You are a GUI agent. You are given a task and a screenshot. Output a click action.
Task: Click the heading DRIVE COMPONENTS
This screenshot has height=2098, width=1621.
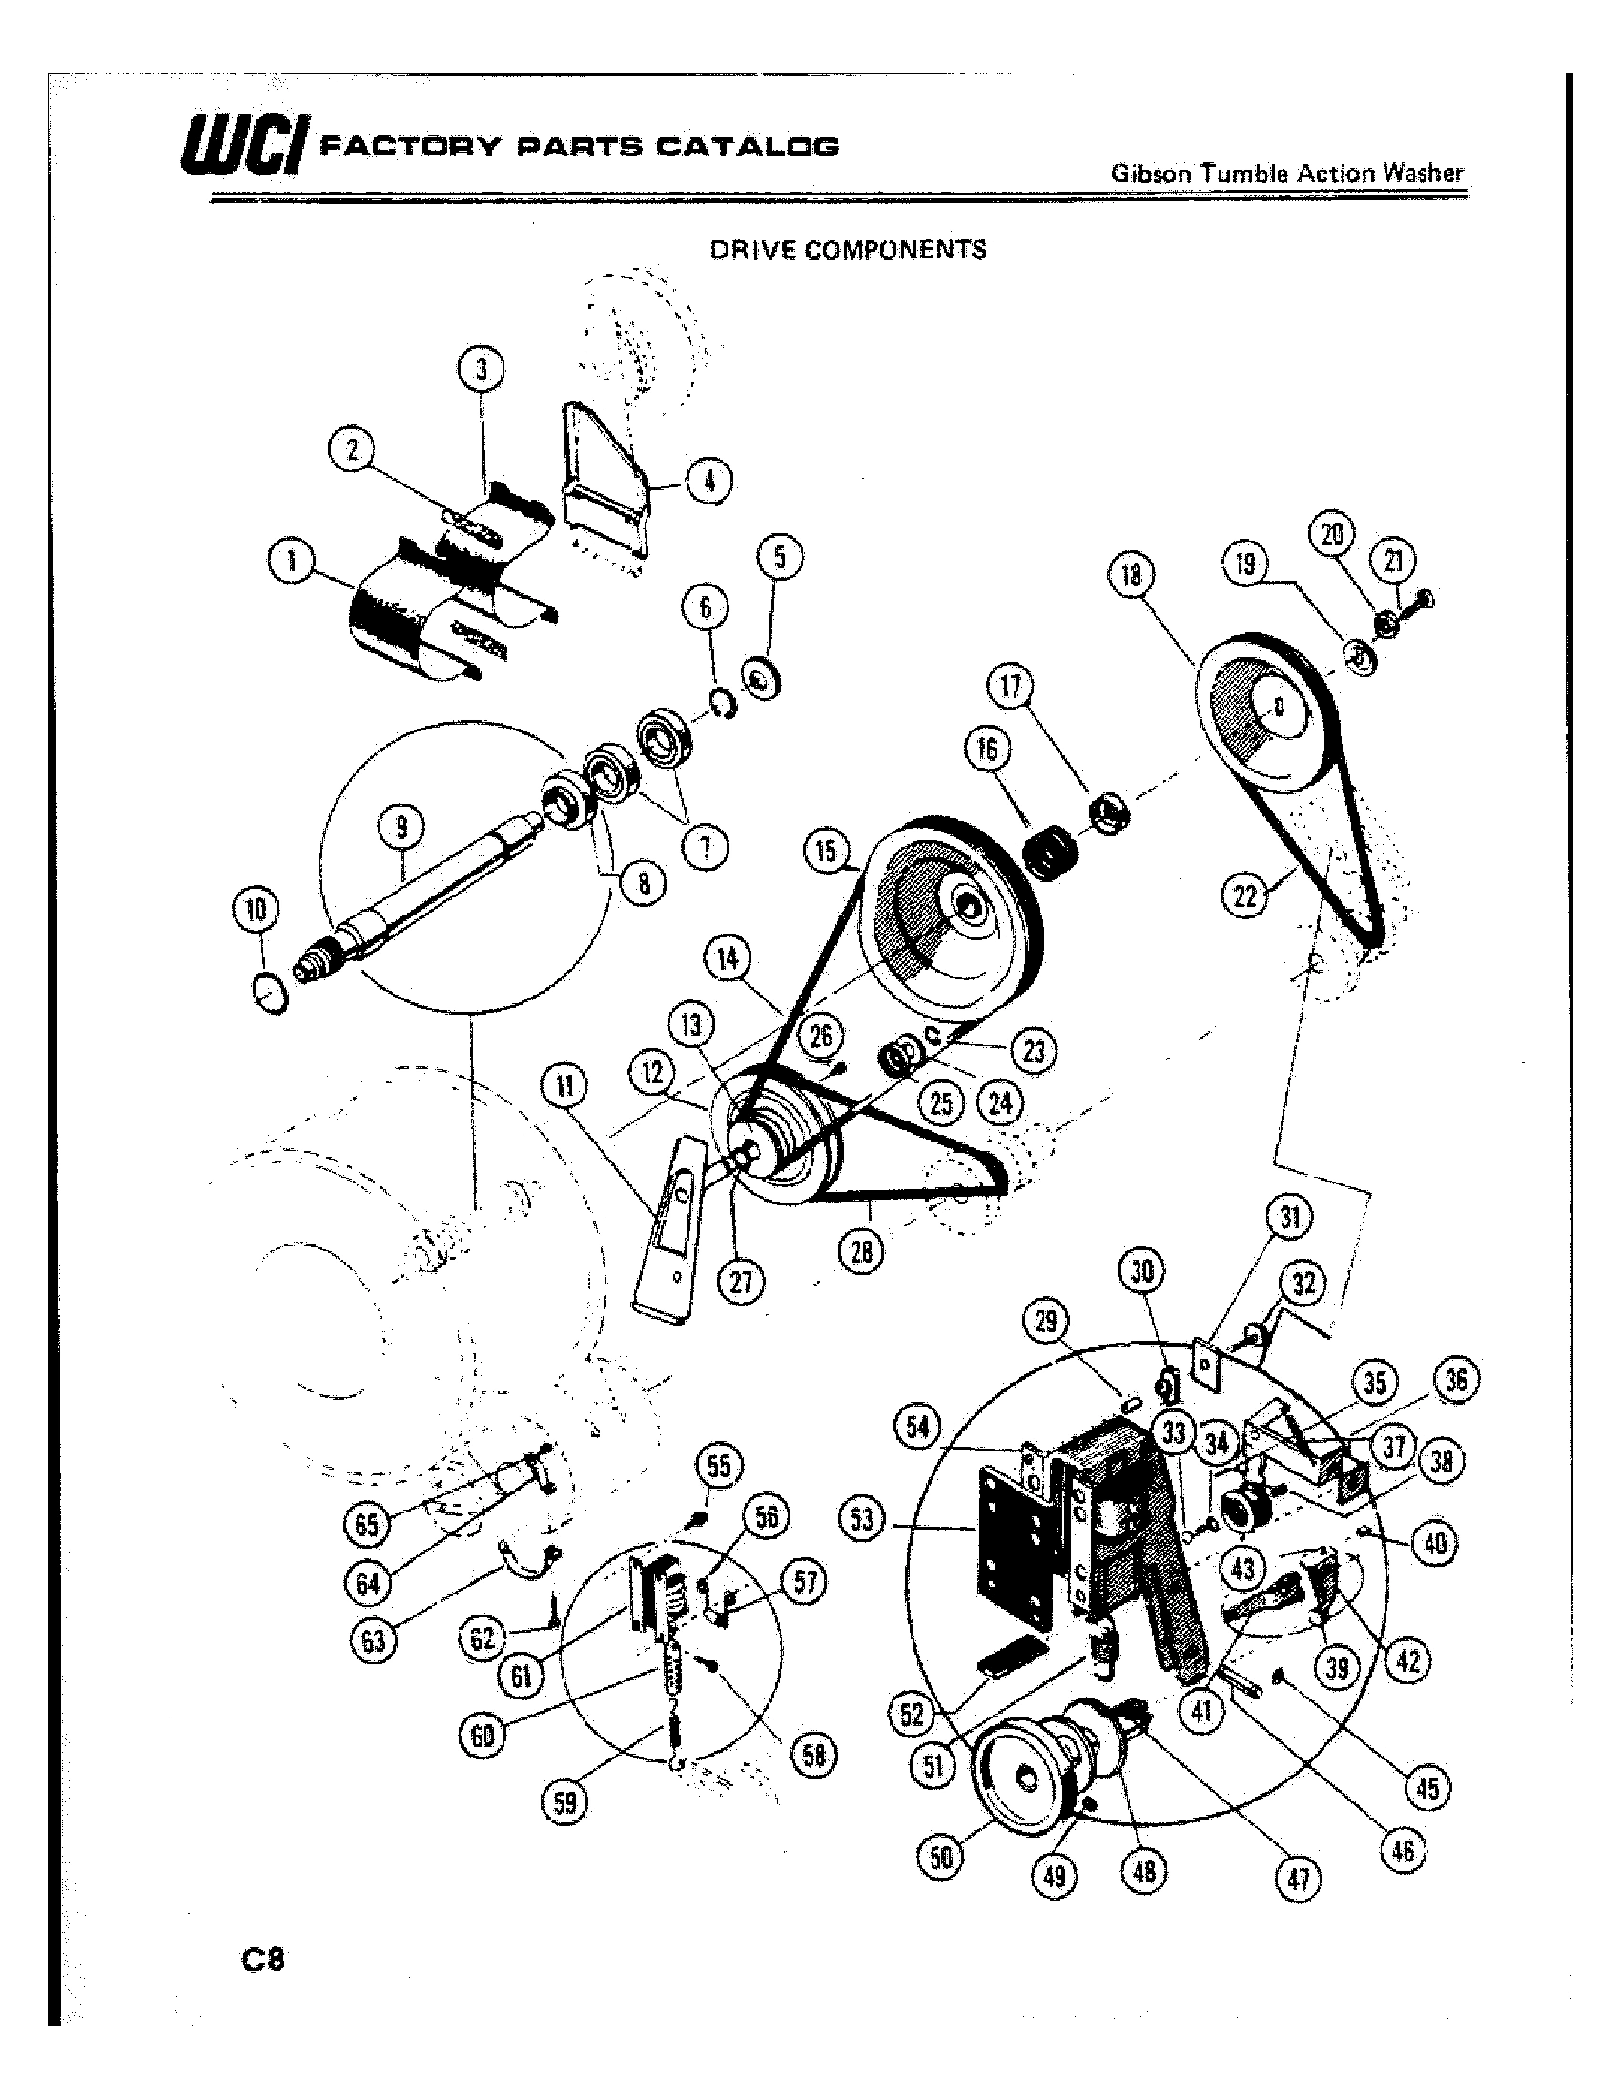click(847, 250)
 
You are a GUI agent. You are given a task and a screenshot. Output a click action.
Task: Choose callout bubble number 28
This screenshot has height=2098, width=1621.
click(861, 1253)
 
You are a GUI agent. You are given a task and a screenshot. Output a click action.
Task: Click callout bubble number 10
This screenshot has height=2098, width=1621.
click(256, 909)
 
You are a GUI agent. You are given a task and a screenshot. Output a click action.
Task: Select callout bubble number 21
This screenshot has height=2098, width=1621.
click(1393, 563)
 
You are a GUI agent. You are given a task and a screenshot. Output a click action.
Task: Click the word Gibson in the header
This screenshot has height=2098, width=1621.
click(1150, 174)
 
